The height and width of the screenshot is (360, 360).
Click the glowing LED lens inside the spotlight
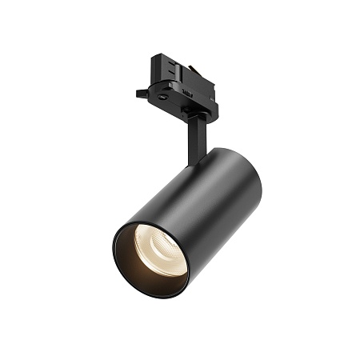[x=159, y=250]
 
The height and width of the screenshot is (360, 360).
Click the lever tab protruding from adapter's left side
[x=142, y=93]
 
